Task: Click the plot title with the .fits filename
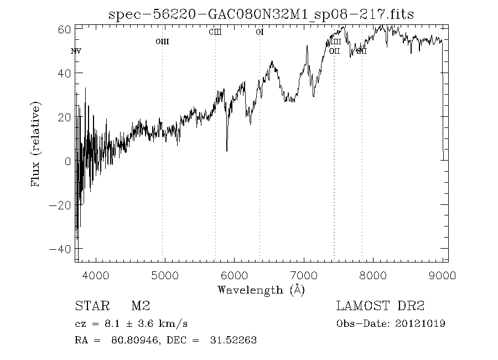[261, 14]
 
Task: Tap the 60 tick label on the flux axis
[64, 29]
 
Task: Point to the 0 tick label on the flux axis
[67, 161]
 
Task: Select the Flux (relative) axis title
[37, 144]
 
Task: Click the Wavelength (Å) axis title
[261, 289]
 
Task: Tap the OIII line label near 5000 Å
[162, 42]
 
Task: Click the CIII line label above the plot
[215, 32]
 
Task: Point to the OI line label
[260, 32]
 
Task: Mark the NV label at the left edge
[76, 52]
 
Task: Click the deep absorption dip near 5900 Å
[227, 148]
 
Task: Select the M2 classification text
[140, 306]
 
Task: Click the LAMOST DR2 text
[380, 306]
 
